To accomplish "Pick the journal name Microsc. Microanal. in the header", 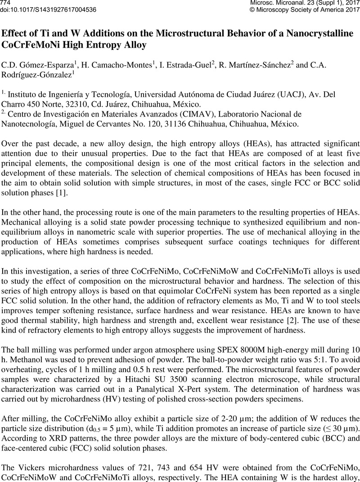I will click(x=283, y=3).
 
